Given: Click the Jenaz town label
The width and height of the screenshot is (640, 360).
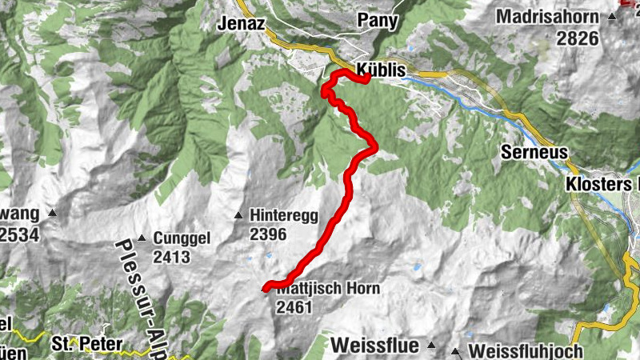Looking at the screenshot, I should (241, 23).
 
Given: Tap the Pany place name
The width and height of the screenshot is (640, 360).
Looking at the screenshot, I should (378, 21).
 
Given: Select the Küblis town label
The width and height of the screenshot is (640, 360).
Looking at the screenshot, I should (382, 70).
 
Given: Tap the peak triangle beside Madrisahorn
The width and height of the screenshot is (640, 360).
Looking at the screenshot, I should (613, 17).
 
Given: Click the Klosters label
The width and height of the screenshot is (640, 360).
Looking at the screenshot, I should (598, 184).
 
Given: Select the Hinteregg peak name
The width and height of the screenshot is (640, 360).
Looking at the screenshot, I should (283, 215).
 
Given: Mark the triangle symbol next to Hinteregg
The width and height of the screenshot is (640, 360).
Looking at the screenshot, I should (238, 215).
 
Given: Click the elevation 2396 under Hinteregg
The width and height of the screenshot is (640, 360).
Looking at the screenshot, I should (267, 234).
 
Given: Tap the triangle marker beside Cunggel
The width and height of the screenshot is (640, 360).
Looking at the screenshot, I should (142, 238).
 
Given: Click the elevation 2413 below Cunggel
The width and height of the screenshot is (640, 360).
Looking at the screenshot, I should (173, 257).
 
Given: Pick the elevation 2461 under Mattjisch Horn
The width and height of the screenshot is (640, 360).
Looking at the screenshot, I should (293, 307).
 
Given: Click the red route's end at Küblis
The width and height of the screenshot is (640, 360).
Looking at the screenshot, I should (366, 78).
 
